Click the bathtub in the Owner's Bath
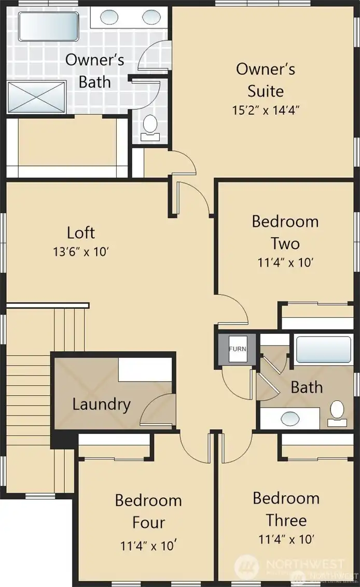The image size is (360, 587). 49,26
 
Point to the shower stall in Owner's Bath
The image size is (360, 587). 36,96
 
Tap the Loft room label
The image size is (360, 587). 81,232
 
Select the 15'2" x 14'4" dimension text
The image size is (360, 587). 266,110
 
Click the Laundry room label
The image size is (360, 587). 101,404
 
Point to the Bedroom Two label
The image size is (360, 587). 285,232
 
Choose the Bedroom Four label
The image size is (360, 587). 148,511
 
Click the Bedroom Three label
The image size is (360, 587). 286,509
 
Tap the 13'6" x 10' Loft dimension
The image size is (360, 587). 80,252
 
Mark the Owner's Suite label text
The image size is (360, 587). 266,80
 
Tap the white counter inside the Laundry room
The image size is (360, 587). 144,370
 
